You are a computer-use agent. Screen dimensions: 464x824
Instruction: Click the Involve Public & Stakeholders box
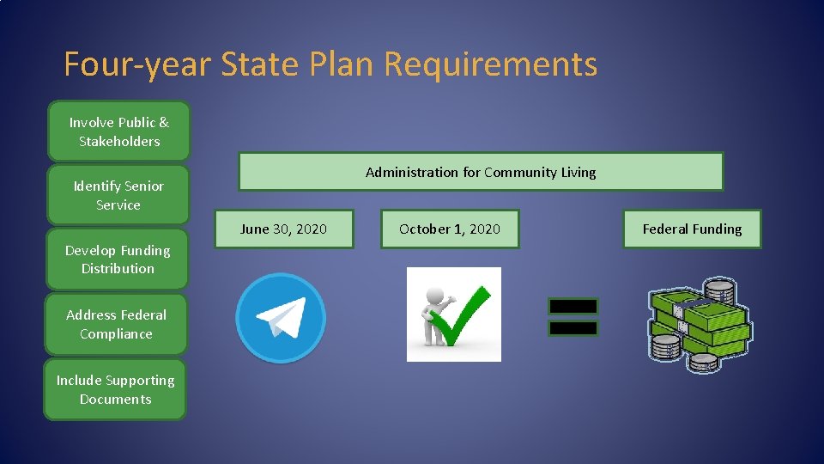[118, 131]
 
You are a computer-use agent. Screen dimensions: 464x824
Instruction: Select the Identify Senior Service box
[118, 195]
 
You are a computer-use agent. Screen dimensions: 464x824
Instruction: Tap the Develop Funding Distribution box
[118, 259]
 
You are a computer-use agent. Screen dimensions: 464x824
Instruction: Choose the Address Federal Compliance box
[116, 324]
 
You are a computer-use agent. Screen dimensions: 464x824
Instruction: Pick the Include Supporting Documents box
[115, 389]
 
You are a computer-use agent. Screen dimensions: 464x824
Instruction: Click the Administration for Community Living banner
[481, 172]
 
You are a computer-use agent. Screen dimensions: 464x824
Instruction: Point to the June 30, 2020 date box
[283, 229]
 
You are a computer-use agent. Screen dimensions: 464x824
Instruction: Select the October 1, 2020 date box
[450, 229]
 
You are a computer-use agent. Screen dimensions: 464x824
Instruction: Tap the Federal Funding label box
[692, 229]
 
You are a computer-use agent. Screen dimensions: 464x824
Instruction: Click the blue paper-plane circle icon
[281, 318]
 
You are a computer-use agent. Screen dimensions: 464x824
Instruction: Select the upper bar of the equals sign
[573, 306]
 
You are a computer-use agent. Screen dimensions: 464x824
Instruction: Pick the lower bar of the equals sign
[573, 327]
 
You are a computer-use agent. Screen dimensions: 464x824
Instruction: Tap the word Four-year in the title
[137, 64]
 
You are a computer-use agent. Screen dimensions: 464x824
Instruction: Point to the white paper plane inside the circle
[280, 317]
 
